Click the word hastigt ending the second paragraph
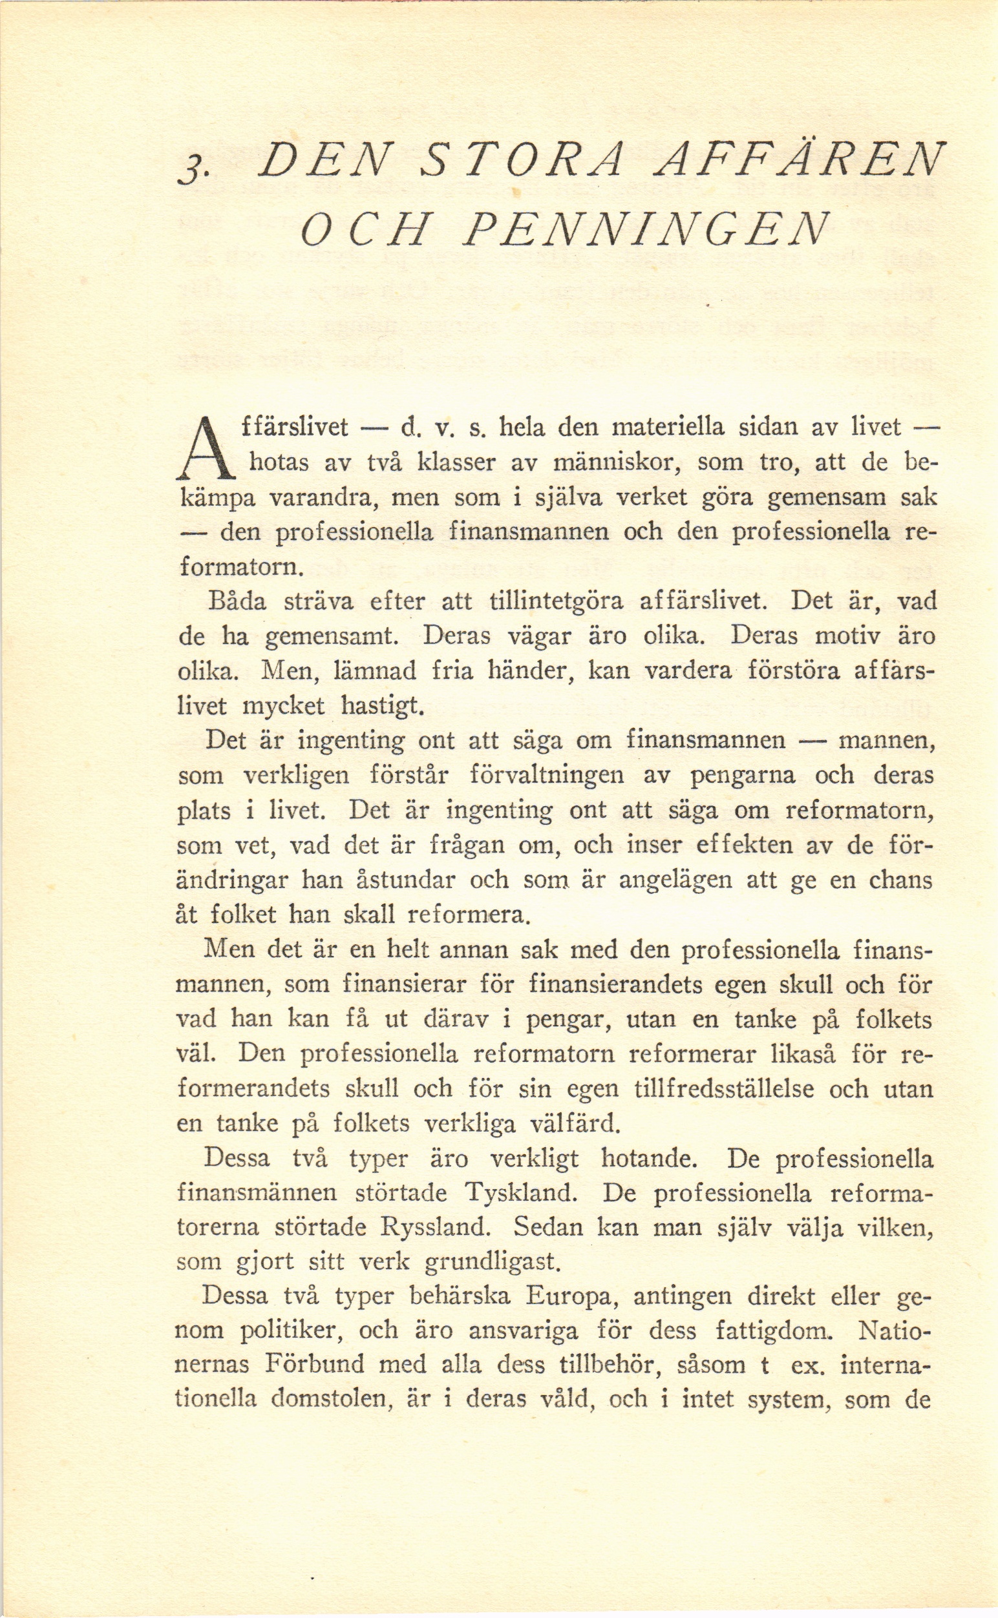381,707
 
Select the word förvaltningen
547,774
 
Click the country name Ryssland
435,1227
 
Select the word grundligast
491,1263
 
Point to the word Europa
571,1296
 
